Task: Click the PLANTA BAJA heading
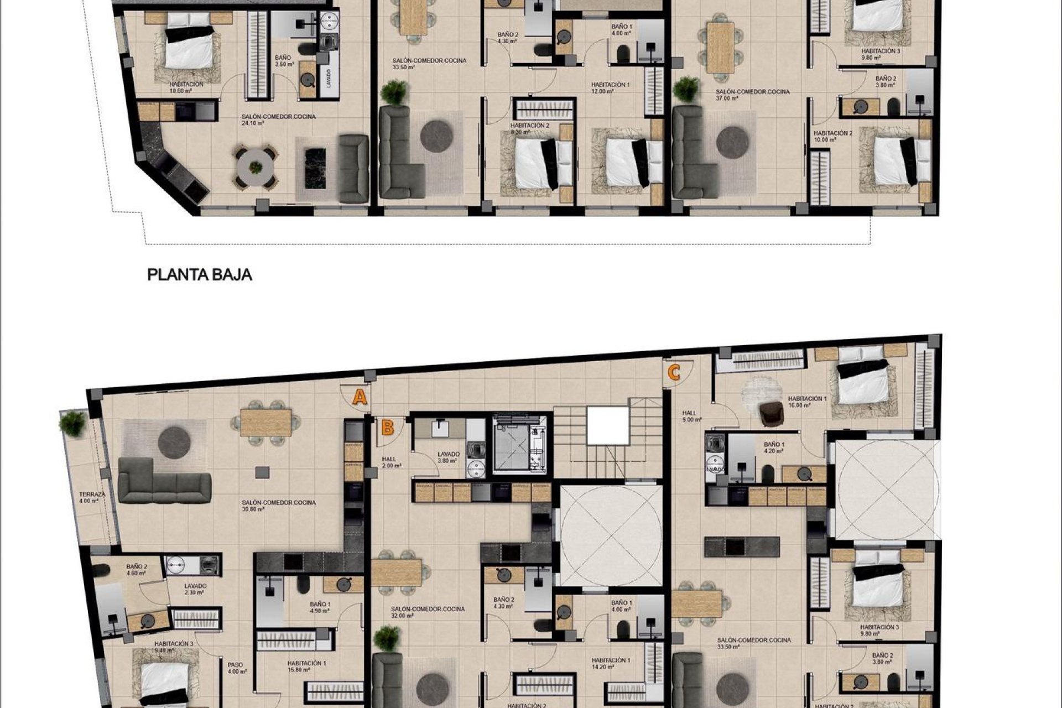pyautogui.click(x=200, y=275)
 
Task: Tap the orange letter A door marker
pyautogui.click(x=360, y=397)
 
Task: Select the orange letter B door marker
pyautogui.click(x=388, y=428)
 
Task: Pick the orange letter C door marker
pyautogui.click(x=673, y=373)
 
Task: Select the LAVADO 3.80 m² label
pyautogui.click(x=447, y=457)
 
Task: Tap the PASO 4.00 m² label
pyautogui.click(x=236, y=668)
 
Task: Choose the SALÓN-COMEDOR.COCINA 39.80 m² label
pyautogui.click(x=278, y=506)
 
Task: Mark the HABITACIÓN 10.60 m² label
pyautogui.click(x=186, y=87)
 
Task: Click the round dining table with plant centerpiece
pyautogui.click(x=255, y=168)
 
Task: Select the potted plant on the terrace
pyautogui.click(x=72, y=423)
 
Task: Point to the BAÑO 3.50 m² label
pyautogui.click(x=283, y=61)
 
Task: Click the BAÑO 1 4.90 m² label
pyautogui.click(x=320, y=607)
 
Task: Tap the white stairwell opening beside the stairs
pyautogui.click(x=608, y=425)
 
